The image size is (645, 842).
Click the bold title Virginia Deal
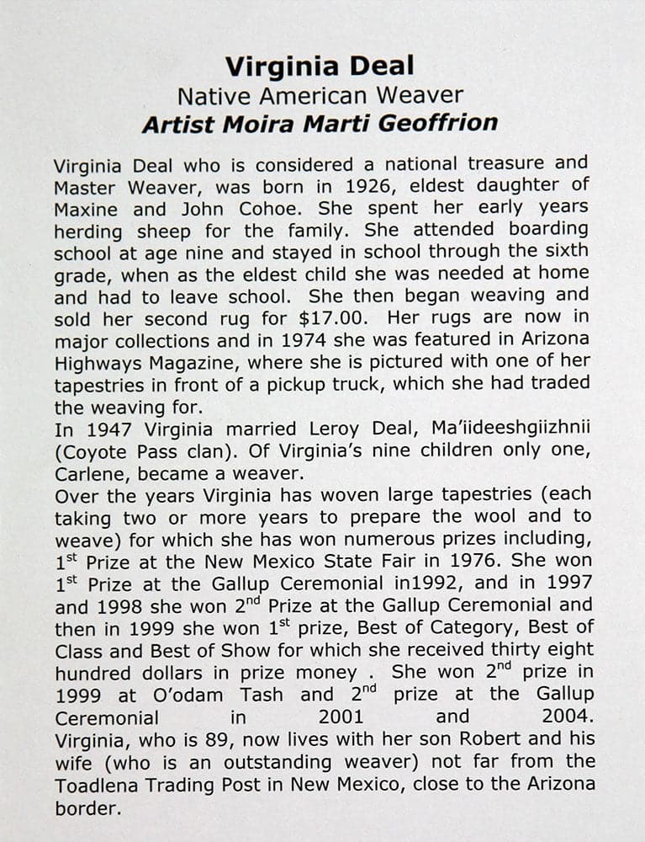320,67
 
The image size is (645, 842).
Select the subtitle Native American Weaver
320,95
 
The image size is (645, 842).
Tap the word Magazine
188,363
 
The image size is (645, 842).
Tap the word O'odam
176,695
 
